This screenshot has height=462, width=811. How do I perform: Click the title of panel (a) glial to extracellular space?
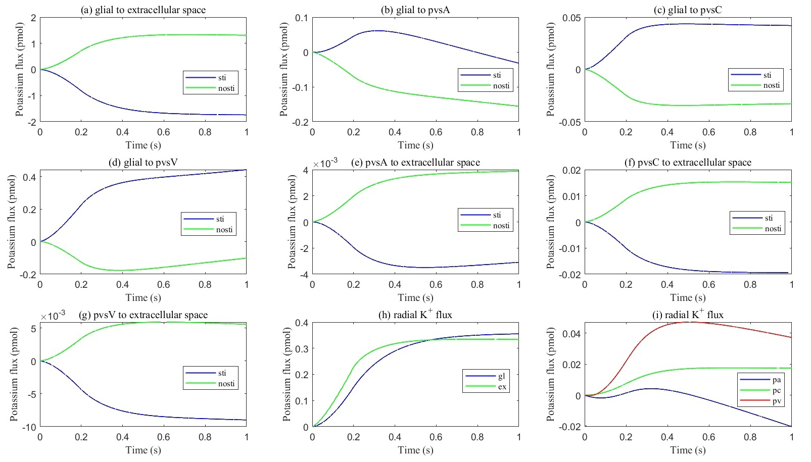point(143,10)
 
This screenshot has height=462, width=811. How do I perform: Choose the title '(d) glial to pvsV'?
point(143,162)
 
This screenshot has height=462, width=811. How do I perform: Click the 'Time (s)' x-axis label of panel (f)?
point(688,297)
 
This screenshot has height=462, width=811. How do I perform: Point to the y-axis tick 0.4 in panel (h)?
point(302,323)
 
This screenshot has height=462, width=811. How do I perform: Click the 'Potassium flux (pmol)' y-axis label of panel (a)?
point(20,70)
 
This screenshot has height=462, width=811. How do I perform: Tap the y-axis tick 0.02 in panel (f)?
point(571,170)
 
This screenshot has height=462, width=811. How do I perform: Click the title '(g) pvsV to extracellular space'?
point(144,315)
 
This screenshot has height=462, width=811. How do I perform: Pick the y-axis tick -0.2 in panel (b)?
point(299,122)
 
